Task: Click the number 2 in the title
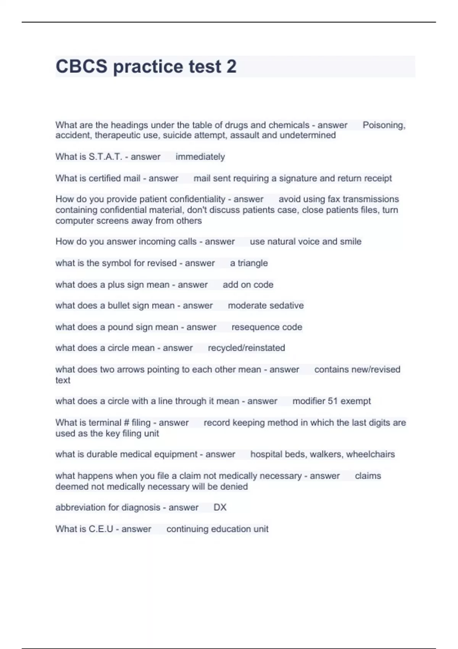pos(231,67)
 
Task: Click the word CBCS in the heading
pos(81,67)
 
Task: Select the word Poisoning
pos(383,125)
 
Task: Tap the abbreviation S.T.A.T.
pos(105,157)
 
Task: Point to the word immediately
pos(200,157)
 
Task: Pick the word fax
pos(334,199)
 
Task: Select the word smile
pos(351,242)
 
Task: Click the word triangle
pos(253,263)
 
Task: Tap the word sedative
pos(287,305)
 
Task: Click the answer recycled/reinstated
pos(246,348)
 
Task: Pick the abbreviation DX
pos(220,507)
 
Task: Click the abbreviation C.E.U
pos(101,529)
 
